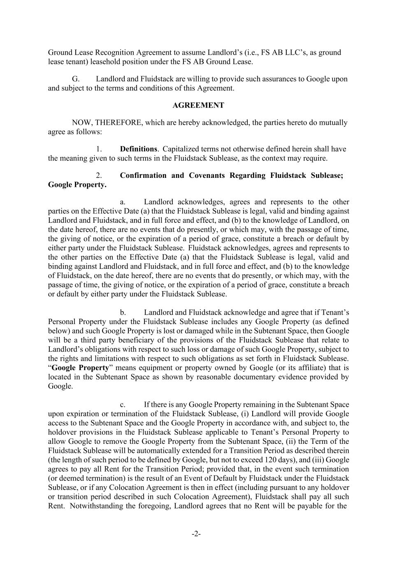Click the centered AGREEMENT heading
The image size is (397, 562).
click(198, 105)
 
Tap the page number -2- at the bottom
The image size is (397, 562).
click(196, 534)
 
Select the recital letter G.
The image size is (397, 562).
click(75, 79)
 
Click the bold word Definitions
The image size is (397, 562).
click(138, 149)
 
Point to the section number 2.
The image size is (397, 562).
click(99, 175)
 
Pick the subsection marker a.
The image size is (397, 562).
click(123, 202)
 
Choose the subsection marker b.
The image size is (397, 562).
click(123, 312)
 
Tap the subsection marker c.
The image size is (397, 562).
click(123, 405)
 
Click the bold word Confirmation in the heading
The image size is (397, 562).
click(143, 175)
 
